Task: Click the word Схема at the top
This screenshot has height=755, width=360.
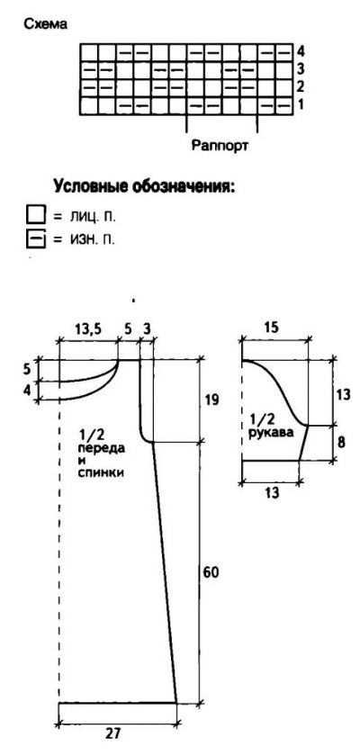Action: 46,24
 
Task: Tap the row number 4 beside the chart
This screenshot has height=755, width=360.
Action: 301,50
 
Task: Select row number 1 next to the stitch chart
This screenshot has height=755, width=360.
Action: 301,104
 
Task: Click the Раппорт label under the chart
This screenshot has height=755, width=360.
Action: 220,145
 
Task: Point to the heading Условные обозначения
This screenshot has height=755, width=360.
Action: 144,185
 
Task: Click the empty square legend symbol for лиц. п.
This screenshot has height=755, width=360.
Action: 36,215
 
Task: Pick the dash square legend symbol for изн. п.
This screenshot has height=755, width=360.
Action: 36,238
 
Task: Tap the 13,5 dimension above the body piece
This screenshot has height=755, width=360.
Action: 87,329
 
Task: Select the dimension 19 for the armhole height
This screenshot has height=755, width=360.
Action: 211,400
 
